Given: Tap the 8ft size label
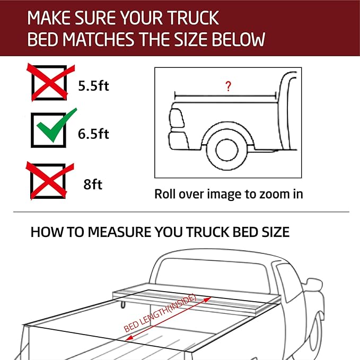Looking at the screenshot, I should (93, 185).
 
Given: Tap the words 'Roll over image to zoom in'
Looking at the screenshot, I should (229, 194).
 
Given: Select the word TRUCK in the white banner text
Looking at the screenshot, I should (191, 18).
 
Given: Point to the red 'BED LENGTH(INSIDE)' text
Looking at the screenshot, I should (160, 313).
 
